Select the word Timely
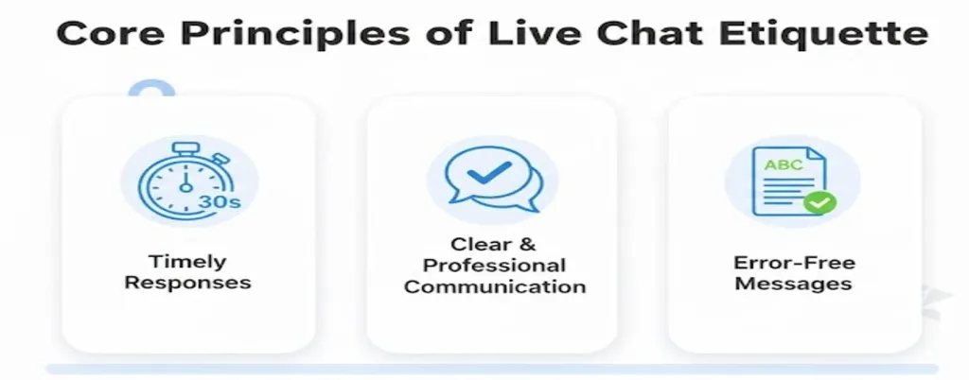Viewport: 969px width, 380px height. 188,262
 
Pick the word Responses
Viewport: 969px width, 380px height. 188,283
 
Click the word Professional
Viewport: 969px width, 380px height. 494,266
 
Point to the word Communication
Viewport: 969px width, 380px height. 495,286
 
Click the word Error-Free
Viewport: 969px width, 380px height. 793,263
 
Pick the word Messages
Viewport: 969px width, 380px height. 793,284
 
